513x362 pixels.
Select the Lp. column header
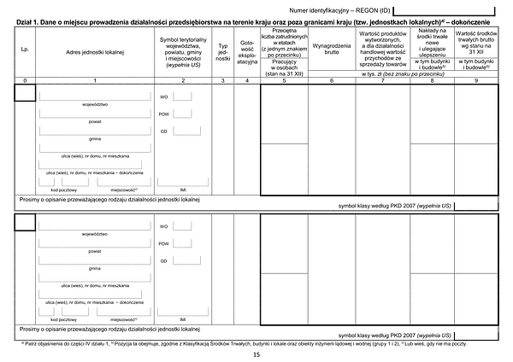25,50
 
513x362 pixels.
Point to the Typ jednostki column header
223,50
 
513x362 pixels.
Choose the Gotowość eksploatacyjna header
246,50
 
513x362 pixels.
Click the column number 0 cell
25,79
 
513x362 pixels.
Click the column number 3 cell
223,79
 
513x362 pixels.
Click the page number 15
256,353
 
